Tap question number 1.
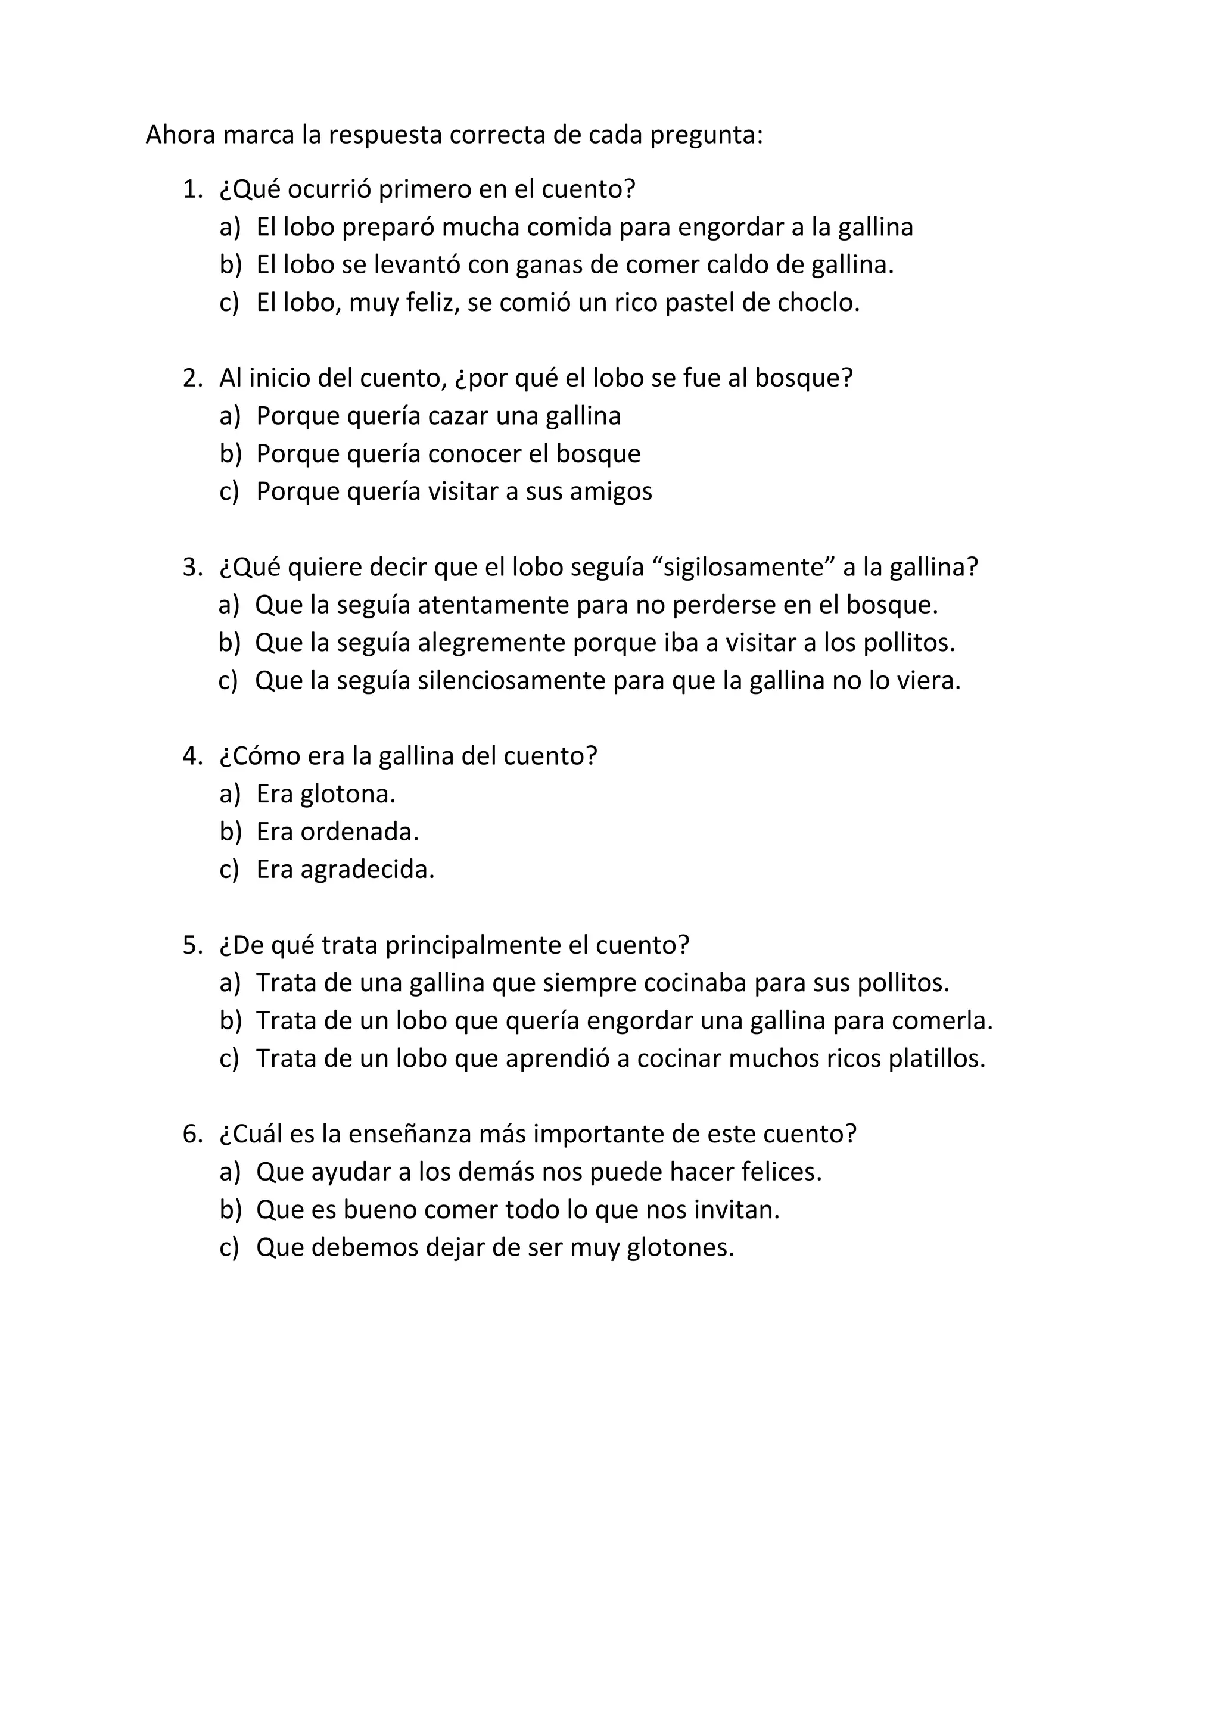click(x=192, y=189)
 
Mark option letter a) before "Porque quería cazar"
click(x=229, y=416)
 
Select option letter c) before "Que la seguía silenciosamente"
click(x=228, y=681)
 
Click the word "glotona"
click(x=347, y=794)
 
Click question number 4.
click(x=192, y=756)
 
